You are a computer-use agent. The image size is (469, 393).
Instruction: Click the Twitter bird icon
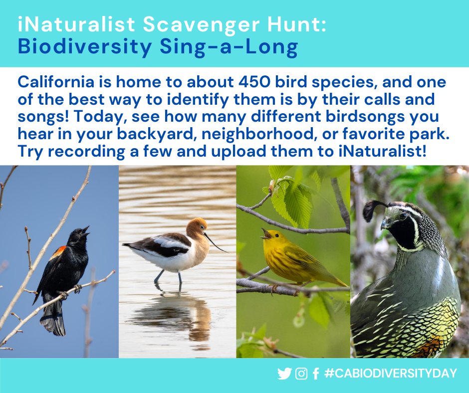tap(284, 374)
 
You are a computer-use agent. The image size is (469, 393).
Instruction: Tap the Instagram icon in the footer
tap(301, 374)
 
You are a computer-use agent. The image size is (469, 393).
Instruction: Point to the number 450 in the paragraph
tap(241, 82)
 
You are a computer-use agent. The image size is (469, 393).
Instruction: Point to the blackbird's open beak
tap(86, 230)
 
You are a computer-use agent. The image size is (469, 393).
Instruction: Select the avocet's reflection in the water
tap(172, 312)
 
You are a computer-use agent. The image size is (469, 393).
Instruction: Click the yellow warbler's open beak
tap(265, 233)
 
